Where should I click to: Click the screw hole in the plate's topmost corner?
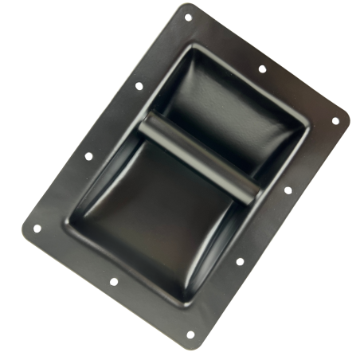[x=189, y=17]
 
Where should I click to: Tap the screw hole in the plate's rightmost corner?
[x=335, y=121]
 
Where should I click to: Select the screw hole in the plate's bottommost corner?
[x=190, y=335]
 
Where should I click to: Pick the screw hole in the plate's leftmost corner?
[x=37, y=229]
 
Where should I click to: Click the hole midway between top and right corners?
[x=262, y=68]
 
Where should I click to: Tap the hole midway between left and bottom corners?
[x=113, y=281]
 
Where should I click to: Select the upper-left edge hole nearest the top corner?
[x=139, y=85]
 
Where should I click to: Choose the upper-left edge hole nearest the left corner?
[x=88, y=156]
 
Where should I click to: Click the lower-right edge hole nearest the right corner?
[x=288, y=190]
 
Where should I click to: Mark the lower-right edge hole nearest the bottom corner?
[x=240, y=261]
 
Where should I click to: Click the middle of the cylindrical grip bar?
[x=198, y=156]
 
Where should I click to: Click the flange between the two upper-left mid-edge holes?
[x=113, y=121]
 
